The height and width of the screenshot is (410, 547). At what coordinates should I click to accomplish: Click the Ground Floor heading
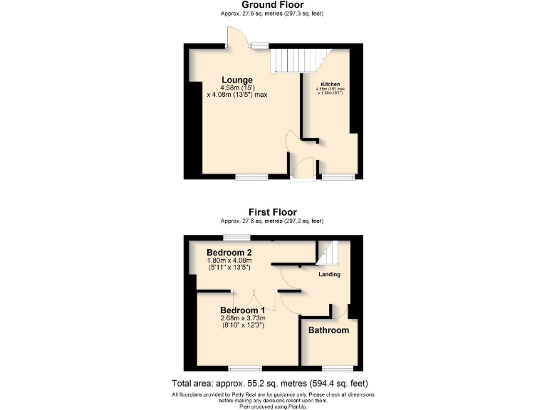tap(273, 5)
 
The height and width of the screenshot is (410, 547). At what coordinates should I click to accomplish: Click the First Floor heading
tap(273, 212)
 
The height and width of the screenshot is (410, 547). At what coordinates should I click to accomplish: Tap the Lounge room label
tap(236, 80)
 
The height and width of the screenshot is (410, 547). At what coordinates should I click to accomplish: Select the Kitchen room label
tap(330, 83)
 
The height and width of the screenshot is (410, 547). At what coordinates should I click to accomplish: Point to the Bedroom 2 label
tap(229, 253)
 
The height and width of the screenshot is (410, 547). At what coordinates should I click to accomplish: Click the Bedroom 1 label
tap(242, 310)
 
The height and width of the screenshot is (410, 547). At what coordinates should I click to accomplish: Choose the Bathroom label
tap(328, 330)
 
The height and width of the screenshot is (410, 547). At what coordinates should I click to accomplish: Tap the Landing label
tap(329, 274)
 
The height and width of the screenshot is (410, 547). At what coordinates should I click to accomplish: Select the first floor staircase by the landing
tap(328, 253)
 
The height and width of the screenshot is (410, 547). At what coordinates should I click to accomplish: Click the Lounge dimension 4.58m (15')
tap(236, 88)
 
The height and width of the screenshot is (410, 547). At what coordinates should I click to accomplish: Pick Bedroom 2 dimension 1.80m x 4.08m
tap(229, 261)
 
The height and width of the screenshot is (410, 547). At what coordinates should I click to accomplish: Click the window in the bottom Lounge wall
tap(251, 177)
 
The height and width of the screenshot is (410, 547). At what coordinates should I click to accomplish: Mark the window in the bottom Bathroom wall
tap(337, 368)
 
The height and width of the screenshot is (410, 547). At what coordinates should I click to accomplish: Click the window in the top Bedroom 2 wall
tap(233, 237)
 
